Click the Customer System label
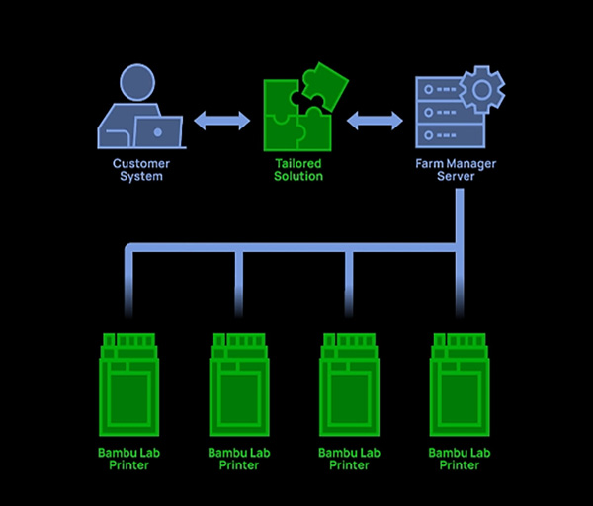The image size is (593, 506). (x=140, y=170)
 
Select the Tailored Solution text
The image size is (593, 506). (x=299, y=170)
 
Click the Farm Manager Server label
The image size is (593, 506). (x=456, y=170)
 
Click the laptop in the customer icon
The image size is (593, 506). (x=159, y=130)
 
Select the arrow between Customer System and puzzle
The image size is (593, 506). (x=221, y=121)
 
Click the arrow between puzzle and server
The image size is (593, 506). (x=375, y=121)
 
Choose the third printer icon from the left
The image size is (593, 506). (x=349, y=385)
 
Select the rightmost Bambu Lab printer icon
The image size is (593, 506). (x=460, y=385)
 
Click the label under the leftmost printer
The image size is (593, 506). (x=128, y=459)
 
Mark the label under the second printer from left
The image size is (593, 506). (x=238, y=459)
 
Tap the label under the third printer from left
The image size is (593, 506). (x=349, y=459)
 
